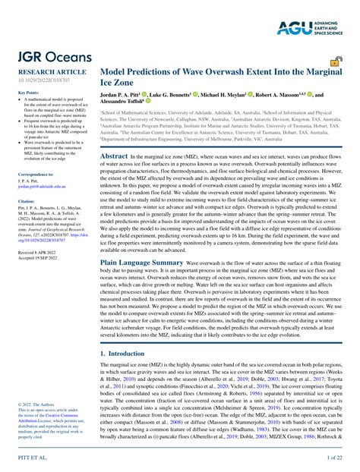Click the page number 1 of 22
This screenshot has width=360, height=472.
click(336, 459)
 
